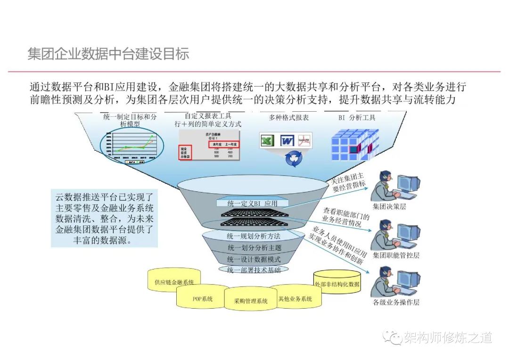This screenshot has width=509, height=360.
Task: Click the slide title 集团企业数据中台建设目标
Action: click(x=108, y=54)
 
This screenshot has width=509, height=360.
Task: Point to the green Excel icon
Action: click(x=267, y=140)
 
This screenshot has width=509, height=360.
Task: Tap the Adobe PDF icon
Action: click(x=304, y=140)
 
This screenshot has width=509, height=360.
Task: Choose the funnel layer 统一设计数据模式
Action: click(x=254, y=259)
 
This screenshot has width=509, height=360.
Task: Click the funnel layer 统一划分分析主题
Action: click(x=253, y=247)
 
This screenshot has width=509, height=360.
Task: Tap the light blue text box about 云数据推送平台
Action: click(x=105, y=218)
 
